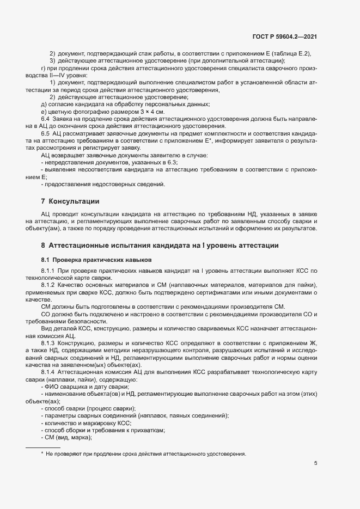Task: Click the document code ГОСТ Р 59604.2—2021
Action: tap(284, 37)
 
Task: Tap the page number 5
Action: tap(315, 463)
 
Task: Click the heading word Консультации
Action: tap(74, 201)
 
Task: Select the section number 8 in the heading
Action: tap(43, 246)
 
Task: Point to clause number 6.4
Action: tap(46, 118)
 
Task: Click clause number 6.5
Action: tap(46, 133)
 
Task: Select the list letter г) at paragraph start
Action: tap(43, 68)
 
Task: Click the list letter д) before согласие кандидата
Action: tap(44, 104)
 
